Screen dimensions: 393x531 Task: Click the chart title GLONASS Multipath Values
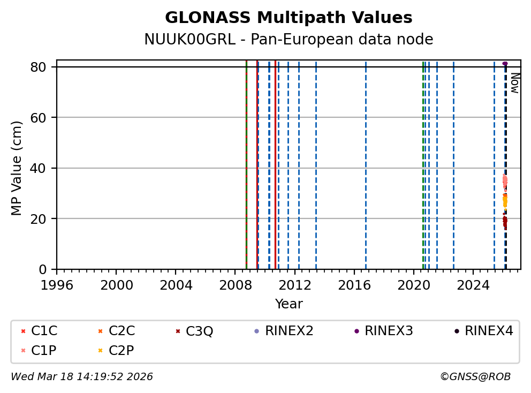[289, 18]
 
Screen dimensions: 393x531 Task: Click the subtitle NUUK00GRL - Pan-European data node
[289, 40]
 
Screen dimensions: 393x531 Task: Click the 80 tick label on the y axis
[44, 67]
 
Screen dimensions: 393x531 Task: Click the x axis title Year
[289, 304]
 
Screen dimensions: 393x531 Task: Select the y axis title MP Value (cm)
[17, 168]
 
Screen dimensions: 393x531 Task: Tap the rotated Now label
[514, 83]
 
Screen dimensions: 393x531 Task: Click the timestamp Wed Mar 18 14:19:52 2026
[82, 377]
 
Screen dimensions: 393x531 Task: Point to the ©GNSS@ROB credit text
[475, 377]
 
